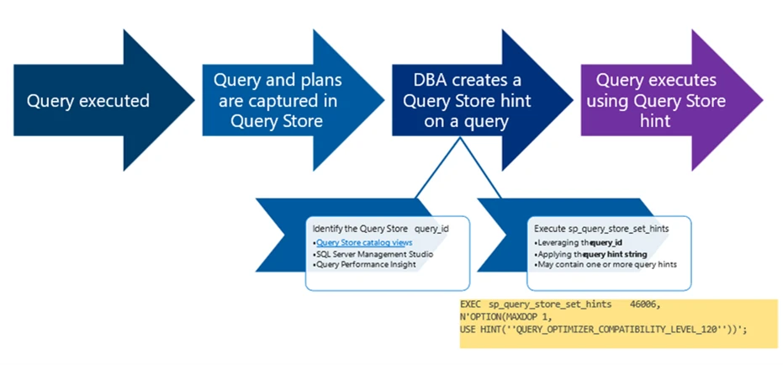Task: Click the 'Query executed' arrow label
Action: pyautogui.click(x=88, y=102)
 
